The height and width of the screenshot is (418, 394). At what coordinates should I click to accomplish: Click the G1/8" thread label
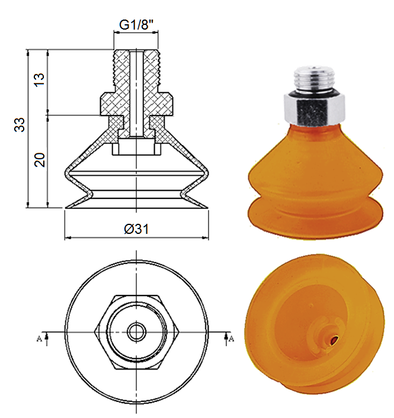click(x=137, y=25)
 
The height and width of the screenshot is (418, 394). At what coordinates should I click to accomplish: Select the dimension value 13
click(x=39, y=81)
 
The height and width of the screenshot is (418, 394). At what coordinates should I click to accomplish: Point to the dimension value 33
click(x=20, y=126)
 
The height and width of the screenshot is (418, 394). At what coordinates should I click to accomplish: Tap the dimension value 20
click(x=39, y=160)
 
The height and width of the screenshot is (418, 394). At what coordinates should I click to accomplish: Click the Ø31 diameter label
click(x=137, y=229)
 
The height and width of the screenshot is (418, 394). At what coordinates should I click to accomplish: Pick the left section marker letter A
click(x=39, y=339)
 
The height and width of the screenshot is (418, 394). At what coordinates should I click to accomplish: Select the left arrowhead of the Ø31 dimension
click(x=67, y=238)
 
